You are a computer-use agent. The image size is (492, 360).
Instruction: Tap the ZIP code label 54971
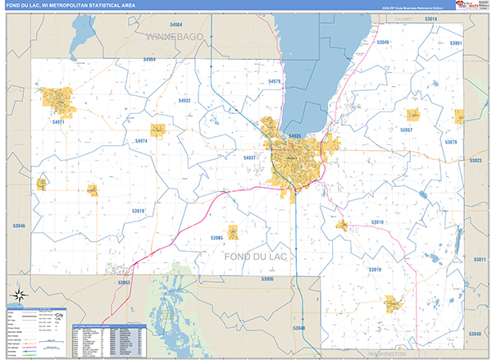click(x=58, y=122)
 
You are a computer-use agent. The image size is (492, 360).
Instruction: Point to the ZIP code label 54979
click(x=274, y=82)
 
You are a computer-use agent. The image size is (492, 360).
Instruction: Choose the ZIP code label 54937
click(x=250, y=157)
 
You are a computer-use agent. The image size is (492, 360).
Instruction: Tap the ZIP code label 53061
click(x=456, y=43)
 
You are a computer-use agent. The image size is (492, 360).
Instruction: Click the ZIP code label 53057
click(x=406, y=130)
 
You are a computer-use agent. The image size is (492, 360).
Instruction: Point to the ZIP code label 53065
click(x=216, y=237)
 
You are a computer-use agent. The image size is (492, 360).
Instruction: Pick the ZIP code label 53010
click(x=375, y=269)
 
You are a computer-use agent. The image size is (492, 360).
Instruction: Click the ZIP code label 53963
click(x=124, y=282)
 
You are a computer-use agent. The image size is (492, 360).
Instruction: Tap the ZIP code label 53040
click(x=474, y=334)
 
